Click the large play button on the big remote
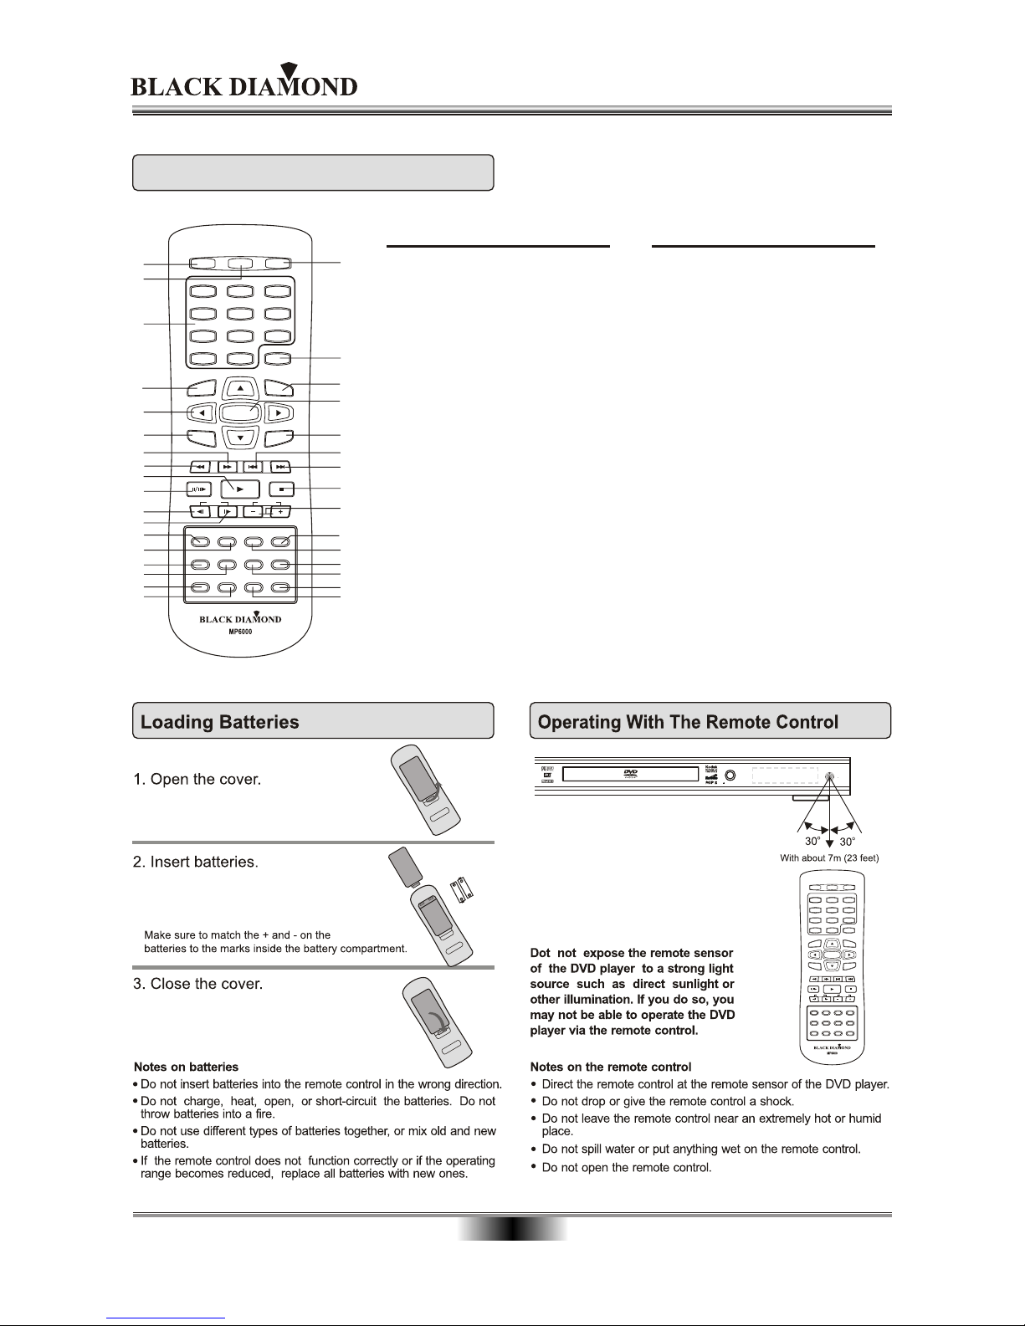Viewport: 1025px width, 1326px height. tap(240, 489)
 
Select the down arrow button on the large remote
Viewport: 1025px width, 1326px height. tap(240, 438)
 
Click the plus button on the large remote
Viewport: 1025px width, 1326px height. tap(280, 512)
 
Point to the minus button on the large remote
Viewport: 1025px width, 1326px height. tap(256, 512)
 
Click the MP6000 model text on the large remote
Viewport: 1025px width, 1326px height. tap(240, 632)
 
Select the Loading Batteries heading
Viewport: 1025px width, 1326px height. tap(219, 722)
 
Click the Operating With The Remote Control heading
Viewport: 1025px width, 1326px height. tap(688, 722)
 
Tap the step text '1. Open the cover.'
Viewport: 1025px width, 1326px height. tap(197, 780)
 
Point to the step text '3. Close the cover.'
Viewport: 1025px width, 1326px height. tap(198, 984)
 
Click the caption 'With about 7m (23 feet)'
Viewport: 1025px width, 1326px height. tap(828, 858)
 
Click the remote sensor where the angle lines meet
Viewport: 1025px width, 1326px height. tap(829, 776)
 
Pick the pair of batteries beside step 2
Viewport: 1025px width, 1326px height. tap(463, 890)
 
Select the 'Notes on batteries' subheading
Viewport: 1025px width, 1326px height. tap(187, 1067)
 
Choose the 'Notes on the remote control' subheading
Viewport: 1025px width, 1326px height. tap(611, 1067)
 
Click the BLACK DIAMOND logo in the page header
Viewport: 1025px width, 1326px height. tap(244, 85)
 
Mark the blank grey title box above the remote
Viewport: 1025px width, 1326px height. tap(313, 172)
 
